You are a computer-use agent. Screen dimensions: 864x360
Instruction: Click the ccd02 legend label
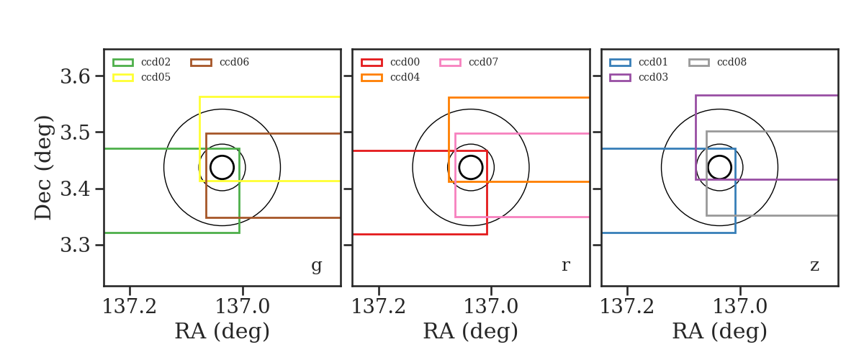(156, 62)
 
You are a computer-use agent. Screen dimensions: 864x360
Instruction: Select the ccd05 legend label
(156, 77)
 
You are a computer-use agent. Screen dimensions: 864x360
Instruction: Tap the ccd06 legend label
(234, 62)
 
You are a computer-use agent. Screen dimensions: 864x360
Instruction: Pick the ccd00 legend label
(405, 62)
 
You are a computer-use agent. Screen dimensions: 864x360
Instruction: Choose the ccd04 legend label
(405, 77)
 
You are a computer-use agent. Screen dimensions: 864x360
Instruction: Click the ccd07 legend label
(483, 62)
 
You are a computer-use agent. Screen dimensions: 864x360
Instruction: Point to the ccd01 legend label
(653, 62)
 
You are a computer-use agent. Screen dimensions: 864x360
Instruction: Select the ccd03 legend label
(653, 77)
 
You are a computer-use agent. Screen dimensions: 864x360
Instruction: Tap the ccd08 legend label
(732, 62)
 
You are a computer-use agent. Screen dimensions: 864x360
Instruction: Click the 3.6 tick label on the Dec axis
(75, 76)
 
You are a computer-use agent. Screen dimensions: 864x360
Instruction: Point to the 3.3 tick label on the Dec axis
(75, 245)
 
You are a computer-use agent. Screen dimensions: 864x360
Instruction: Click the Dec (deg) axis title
(42, 168)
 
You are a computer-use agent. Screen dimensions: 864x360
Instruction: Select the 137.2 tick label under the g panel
(130, 307)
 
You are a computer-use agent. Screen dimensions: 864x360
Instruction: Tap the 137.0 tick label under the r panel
(490, 307)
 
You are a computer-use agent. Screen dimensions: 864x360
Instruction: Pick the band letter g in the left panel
(316, 266)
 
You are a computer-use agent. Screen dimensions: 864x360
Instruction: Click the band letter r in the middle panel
(565, 265)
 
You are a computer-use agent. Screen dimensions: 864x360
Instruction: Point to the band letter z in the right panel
(814, 266)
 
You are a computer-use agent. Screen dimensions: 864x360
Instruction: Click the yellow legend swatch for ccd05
(123, 78)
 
